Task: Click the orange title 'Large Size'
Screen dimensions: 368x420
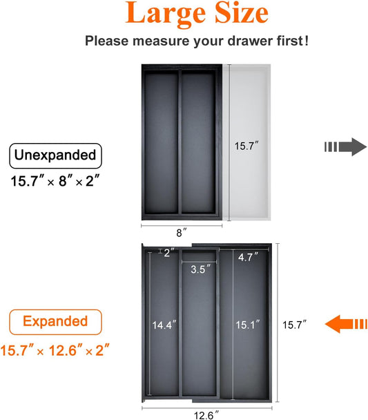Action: click(197, 13)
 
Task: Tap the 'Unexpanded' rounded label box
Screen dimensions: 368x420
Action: click(55, 155)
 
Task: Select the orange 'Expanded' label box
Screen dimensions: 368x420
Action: click(55, 322)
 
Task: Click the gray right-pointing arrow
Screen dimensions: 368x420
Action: click(345, 146)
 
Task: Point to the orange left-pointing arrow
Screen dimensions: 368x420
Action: click(346, 324)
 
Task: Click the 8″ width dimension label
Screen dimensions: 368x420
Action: click(182, 233)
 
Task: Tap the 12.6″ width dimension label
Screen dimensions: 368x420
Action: click(206, 415)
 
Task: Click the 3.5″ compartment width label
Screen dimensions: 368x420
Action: click(200, 269)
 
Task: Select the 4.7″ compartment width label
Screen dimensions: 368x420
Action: click(249, 257)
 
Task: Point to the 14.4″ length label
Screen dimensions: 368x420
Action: click(164, 325)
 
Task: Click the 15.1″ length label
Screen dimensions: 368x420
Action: click(248, 325)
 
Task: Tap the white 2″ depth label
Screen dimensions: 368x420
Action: click(169, 253)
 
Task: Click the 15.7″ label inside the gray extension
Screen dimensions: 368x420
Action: click(246, 146)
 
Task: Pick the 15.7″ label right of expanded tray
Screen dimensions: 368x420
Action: click(294, 325)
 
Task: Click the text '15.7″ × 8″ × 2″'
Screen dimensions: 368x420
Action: click(55, 181)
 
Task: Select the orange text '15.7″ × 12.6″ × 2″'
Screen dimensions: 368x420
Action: click(55, 350)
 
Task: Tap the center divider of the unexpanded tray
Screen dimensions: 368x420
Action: click(180, 142)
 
